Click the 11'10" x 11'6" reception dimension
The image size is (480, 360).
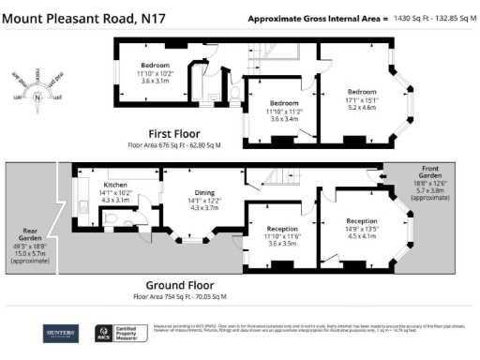(282, 236)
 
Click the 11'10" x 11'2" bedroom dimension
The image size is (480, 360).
(283, 110)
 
